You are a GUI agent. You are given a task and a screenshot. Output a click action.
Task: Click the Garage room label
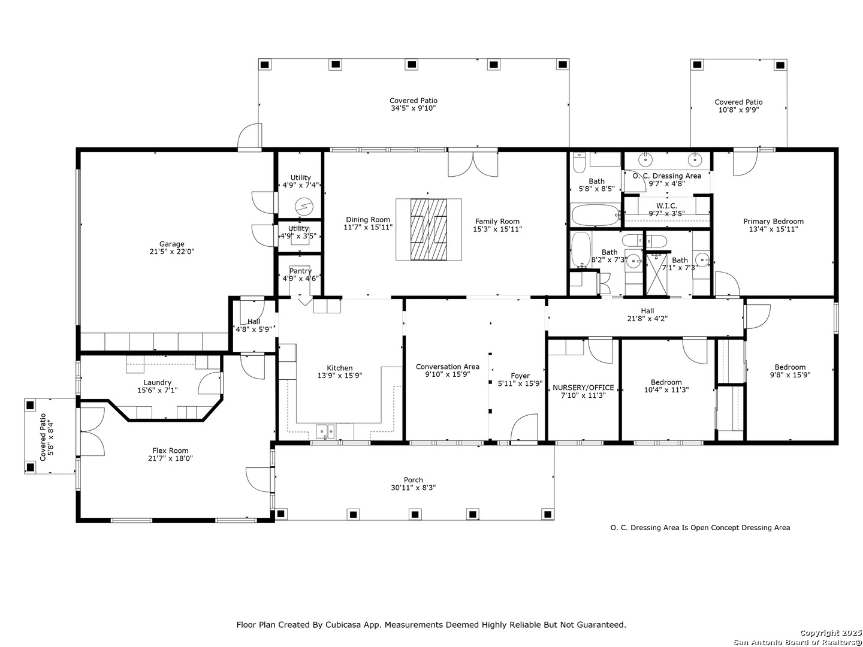(172, 244)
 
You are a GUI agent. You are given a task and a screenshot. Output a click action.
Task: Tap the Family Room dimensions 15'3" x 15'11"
(497, 229)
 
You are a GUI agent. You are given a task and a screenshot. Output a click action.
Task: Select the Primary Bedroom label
(773, 221)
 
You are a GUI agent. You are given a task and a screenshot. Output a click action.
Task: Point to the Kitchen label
(340, 368)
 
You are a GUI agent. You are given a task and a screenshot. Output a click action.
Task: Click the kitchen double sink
(325, 431)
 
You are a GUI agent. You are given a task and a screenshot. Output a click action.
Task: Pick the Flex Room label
(170, 451)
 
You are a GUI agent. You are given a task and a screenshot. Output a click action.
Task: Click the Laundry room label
(157, 383)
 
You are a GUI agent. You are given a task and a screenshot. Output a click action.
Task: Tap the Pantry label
(300, 271)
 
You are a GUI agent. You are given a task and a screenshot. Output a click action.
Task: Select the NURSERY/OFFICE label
(583, 388)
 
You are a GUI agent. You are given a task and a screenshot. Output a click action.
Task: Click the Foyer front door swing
(524, 428)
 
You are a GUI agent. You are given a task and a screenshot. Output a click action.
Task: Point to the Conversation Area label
(448, 367)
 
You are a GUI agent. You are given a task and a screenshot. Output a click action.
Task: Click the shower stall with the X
(657, 274)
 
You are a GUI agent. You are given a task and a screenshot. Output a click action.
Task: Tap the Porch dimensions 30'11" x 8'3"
(413, 488)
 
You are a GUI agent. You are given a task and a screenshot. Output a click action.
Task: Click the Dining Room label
(368, 220)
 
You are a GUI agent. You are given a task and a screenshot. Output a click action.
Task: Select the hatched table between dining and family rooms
(429, 229)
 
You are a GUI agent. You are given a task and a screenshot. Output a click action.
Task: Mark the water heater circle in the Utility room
(304, 205)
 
